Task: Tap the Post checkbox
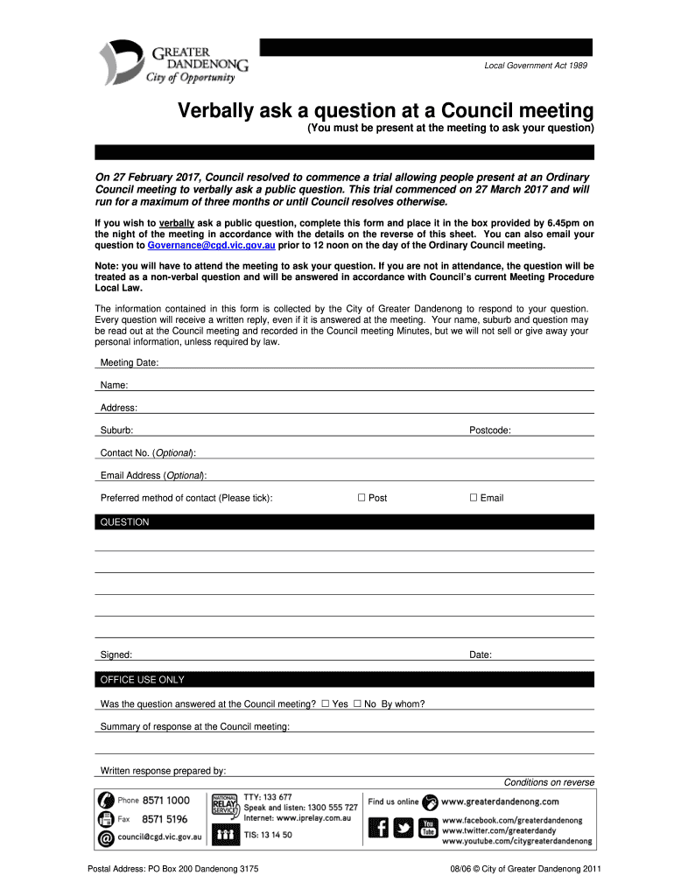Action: point(361,498)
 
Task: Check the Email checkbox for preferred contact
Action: point(474,498)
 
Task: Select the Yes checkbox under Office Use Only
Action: point(326,703)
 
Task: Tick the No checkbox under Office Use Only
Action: point(357,703)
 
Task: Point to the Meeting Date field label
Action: point(129,363)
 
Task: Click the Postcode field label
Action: point(490,430)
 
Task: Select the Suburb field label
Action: point(116,430)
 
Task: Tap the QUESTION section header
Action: point(125,522)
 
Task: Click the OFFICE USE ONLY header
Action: point(143,680)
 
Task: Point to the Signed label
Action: point(116,655)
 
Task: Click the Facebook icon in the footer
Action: point(379,828)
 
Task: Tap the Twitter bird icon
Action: point(404,828)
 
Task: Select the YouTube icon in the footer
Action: point(428,828)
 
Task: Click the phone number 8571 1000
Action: point(165,800)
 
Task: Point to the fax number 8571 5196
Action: point(165,819)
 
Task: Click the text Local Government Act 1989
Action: point(536,66)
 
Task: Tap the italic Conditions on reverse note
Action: point(549,782)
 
